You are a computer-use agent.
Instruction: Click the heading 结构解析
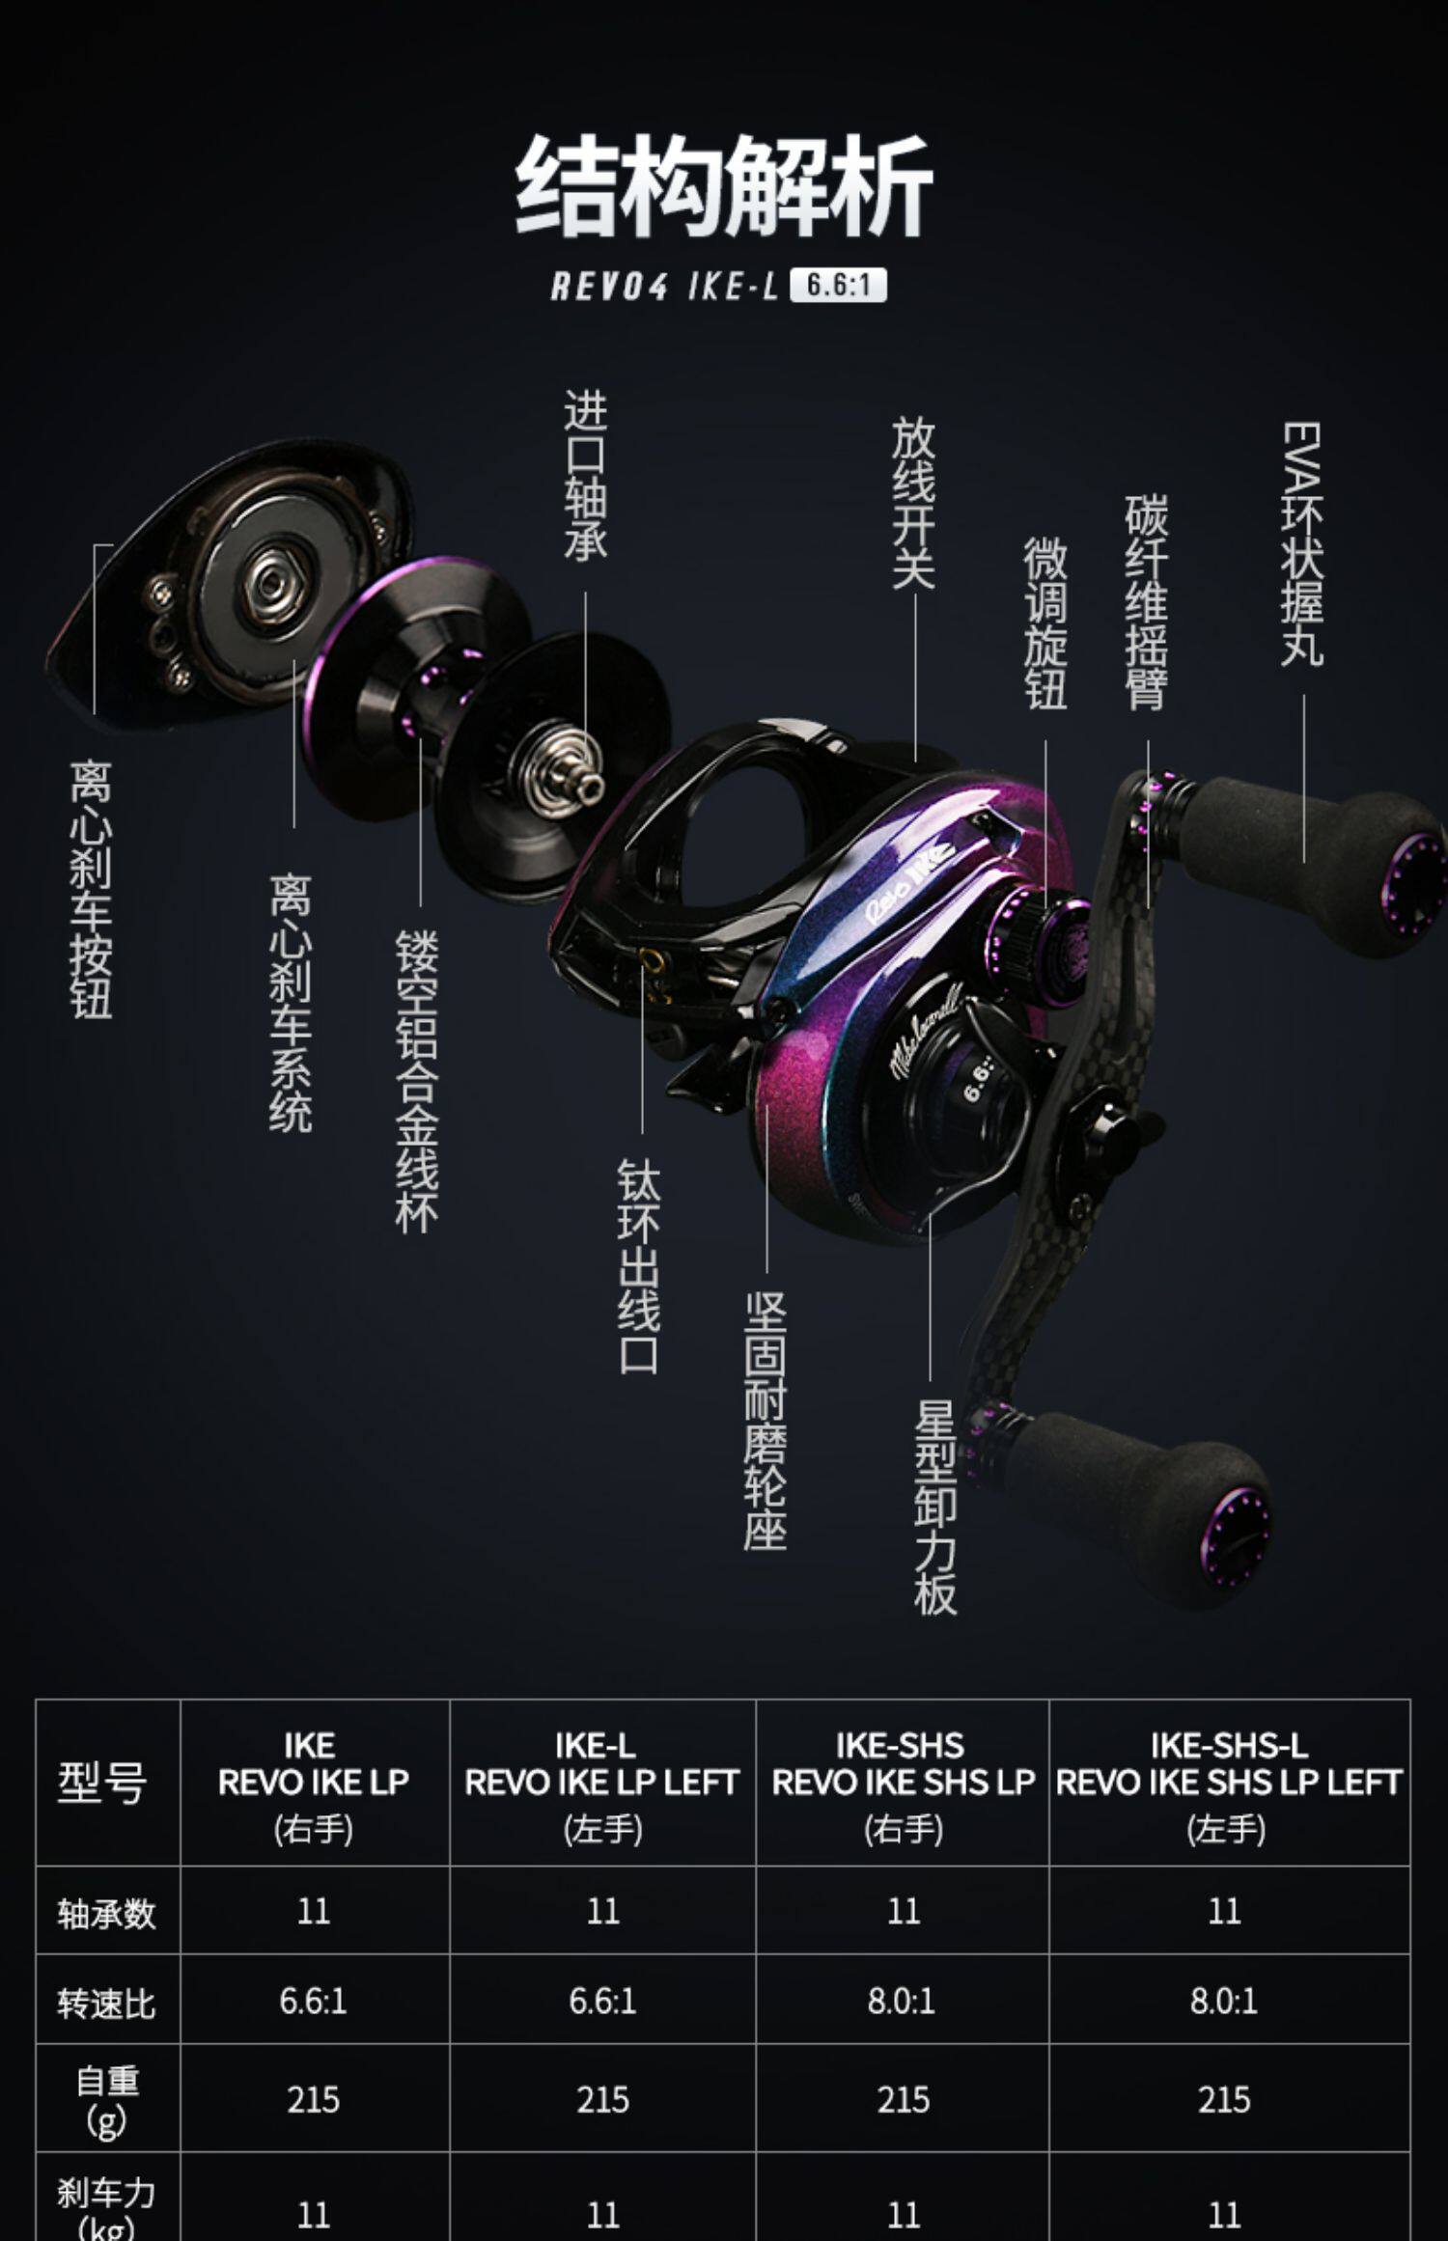coord(724,186)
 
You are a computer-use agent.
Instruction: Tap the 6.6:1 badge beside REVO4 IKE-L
coord(837,286)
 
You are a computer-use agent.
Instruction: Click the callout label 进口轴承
coord(586,475)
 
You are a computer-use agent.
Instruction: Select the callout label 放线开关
coord(912,502)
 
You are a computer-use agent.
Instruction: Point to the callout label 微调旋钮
coord(1045,623)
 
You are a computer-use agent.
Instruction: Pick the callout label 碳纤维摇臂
coord(1147,603)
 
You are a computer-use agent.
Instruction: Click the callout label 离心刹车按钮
coord(92,889)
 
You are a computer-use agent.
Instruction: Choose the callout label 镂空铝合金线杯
coord(418,1081)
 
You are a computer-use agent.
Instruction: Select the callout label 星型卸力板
coord(934,1507)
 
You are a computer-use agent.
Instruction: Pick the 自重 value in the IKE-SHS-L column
coord(1224,2099)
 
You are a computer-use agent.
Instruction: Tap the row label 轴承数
coord(106,1912)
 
